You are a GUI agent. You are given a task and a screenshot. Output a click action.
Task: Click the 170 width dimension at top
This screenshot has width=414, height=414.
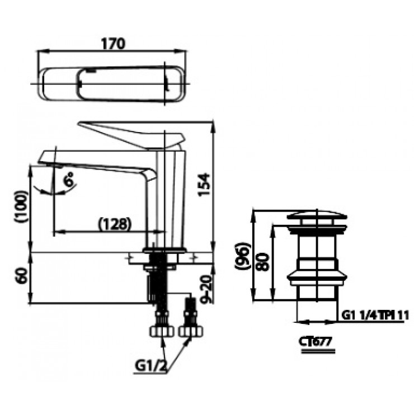coord(112,43)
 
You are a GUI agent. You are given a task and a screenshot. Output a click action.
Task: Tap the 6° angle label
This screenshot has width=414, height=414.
coord(69,181)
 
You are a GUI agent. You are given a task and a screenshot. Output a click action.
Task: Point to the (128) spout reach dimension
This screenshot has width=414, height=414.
coord(115,223)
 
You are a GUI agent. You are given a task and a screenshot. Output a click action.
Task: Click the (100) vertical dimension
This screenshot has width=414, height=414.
coord(21,207)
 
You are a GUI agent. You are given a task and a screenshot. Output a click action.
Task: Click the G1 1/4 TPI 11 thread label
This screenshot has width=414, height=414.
coord(375,316)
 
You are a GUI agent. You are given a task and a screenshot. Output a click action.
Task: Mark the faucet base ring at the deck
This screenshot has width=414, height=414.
coord(165,250)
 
